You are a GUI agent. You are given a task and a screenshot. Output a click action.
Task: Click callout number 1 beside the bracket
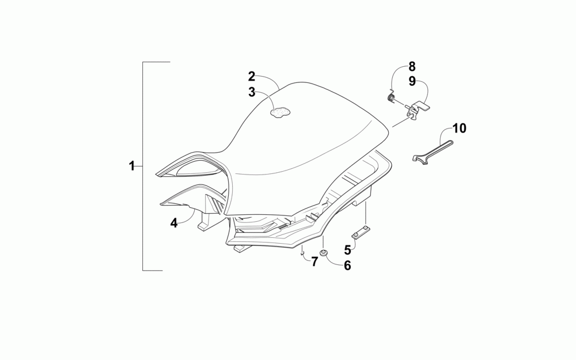pos(131,166)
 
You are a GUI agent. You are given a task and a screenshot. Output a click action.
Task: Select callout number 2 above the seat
pos(251,77)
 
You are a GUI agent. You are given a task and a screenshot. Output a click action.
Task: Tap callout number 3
pos(251,92)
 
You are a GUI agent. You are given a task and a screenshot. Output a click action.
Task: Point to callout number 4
pos(174,222)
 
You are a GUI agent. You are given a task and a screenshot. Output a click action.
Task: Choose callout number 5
pos(347,250)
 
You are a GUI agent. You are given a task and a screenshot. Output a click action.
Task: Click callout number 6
pos(347,265)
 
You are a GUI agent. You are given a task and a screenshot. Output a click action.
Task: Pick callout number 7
pos(314,262)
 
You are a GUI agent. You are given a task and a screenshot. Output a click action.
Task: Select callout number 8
pos(412,66)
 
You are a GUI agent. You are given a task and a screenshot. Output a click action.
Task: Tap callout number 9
pos(412,81)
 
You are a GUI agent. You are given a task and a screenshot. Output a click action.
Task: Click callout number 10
pos(459,128)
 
